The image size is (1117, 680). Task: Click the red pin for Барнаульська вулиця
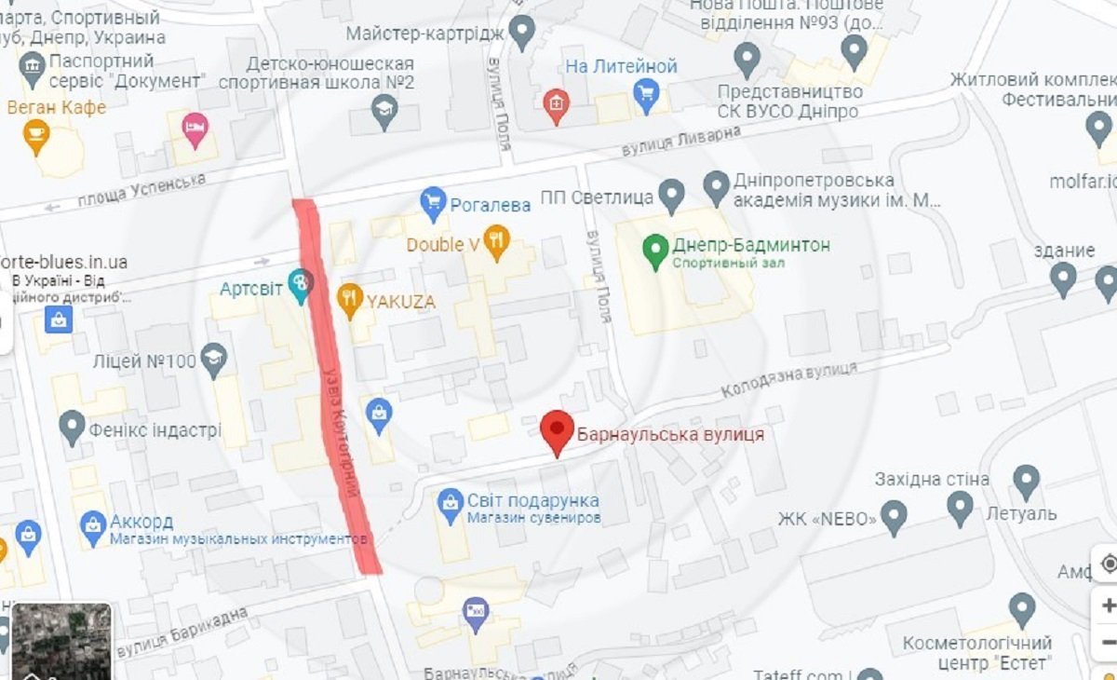[557, 430]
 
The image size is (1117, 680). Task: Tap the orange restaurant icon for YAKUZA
[350, 299]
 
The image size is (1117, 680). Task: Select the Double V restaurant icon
[497, 241]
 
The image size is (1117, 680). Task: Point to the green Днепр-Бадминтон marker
[656, 248]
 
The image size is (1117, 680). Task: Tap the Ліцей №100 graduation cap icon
[215, 360]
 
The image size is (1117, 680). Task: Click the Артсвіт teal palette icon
[300, 284]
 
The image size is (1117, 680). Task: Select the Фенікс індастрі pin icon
[73, 427]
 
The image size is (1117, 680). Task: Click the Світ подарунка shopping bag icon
[451, 504]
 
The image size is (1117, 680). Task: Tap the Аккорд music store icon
[92, 526]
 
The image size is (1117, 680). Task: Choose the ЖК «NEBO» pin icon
[894, 516]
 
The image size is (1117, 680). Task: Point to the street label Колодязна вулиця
[788, 376]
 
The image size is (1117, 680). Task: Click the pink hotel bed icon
[195, 129]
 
